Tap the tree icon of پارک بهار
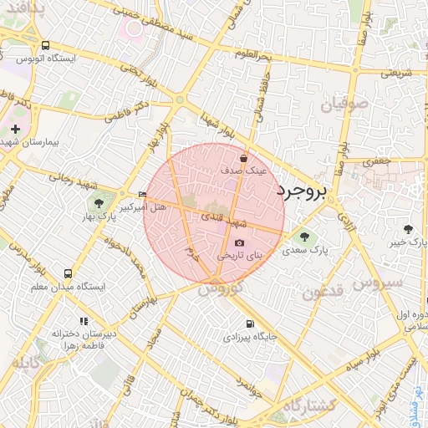(x=99, y=202)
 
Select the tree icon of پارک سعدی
(x=303, y=236)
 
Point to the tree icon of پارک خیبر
(x=408, y=229)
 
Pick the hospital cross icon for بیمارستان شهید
(x=15, y=129)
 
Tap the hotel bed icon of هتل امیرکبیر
(x=142, y=195)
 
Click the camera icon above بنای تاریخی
(x=239, y=242)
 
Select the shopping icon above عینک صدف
(x=243, y=157)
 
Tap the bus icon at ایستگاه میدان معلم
(x=68, y=274)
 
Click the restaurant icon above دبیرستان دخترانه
(x=83, y=321)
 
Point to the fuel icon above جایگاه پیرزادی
(x=249, y=324)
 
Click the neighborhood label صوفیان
(x=344, y=104)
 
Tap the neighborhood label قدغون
(x=323, y=293)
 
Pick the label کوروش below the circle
(x=221, y=288)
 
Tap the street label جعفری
(x=377, y=160)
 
